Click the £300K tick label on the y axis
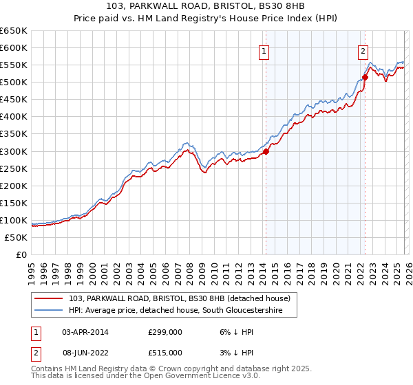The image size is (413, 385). tap(13, 151)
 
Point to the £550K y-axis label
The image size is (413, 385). tap(13, 65)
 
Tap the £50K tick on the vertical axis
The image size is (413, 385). tap(16, 237)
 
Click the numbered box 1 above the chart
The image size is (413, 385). tap(265, 49)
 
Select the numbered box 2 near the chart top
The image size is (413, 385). tap(363, 49)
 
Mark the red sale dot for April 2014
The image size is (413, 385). tap(266, 152)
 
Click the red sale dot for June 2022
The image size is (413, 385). tap(365, 77)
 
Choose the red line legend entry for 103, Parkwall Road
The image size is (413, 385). tap(182, 298)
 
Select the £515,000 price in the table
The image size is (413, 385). tap(165, 352)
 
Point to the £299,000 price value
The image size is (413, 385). tap(165, 331)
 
